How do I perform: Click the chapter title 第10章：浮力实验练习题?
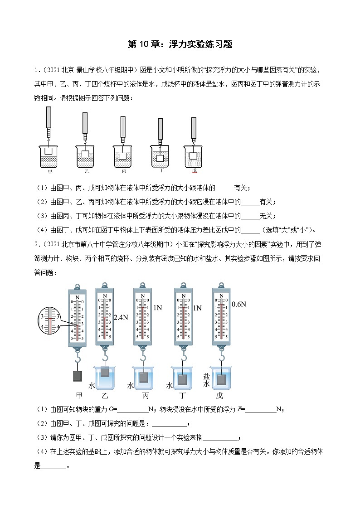click(x=180, y=44)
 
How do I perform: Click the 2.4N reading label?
click(x=120, y=318)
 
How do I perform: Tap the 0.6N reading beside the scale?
click(x=238, y=304)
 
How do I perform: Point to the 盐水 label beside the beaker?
click(x=207, y=380)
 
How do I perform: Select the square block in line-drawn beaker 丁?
click(x=160, y=158)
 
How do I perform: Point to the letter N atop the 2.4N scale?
click(x=105, y=296)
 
